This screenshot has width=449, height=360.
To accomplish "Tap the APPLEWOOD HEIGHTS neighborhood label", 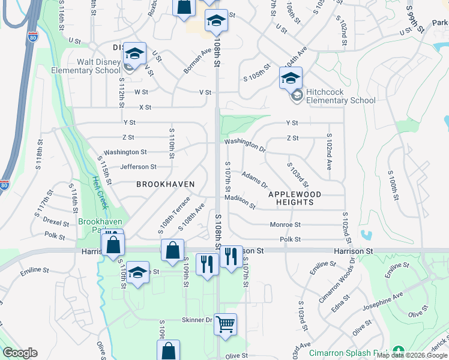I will (295, 198).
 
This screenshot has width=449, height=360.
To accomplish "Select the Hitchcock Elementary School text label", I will (341, 96).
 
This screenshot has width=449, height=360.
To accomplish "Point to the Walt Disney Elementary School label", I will (98, 66).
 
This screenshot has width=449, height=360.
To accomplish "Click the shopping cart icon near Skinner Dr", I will (225, 325).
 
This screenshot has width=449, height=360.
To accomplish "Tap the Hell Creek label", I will (100, 191).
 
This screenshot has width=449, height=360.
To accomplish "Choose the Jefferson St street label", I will (138, 167).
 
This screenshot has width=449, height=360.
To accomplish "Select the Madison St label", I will (240, 201).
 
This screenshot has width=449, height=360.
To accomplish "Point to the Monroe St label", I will (285, 224).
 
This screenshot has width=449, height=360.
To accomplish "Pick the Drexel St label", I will (57, 220).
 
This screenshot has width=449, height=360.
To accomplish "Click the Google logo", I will (20, 353).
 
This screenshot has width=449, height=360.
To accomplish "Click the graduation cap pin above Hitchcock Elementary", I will (291, 78).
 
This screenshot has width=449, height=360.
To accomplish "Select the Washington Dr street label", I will (245, 145).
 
